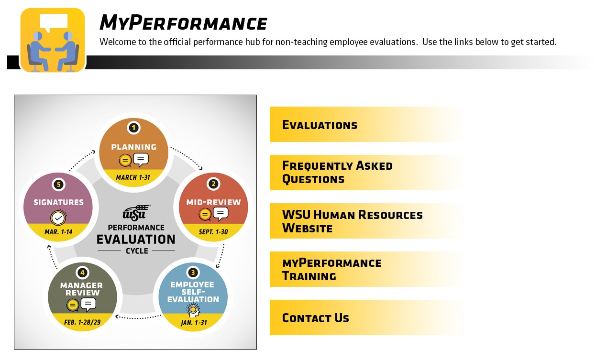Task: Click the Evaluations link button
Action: tap(320, 125)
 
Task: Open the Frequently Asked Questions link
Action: tap(337, 173)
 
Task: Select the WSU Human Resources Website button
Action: tap(352, 221)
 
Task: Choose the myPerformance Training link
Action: tap(331, 270)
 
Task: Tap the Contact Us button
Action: tap(315, 318)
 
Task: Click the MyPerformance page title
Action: tap(183, 23)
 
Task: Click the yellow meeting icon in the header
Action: tap(53, 40)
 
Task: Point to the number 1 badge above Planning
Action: tap(133, 128)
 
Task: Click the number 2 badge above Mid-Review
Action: tap(213, 184)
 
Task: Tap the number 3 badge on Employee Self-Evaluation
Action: tap(193, 273)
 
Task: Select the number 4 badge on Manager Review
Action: tap(83, 273)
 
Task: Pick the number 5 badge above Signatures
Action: tap(58, 185)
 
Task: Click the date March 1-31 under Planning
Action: tap(133, 178)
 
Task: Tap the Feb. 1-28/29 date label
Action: tap(83, 322)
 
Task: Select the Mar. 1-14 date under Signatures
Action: tap(58, 232)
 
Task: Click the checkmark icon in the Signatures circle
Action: tap(58, 218)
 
